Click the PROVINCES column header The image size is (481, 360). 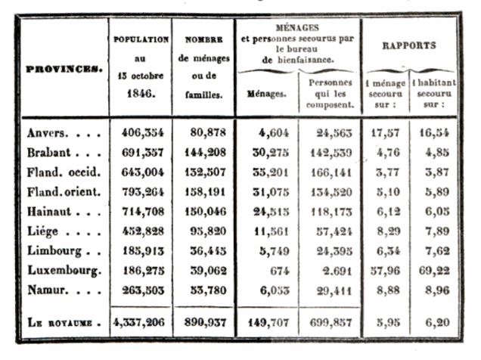coord(64,69)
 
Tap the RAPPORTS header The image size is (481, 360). coord(409,45)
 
